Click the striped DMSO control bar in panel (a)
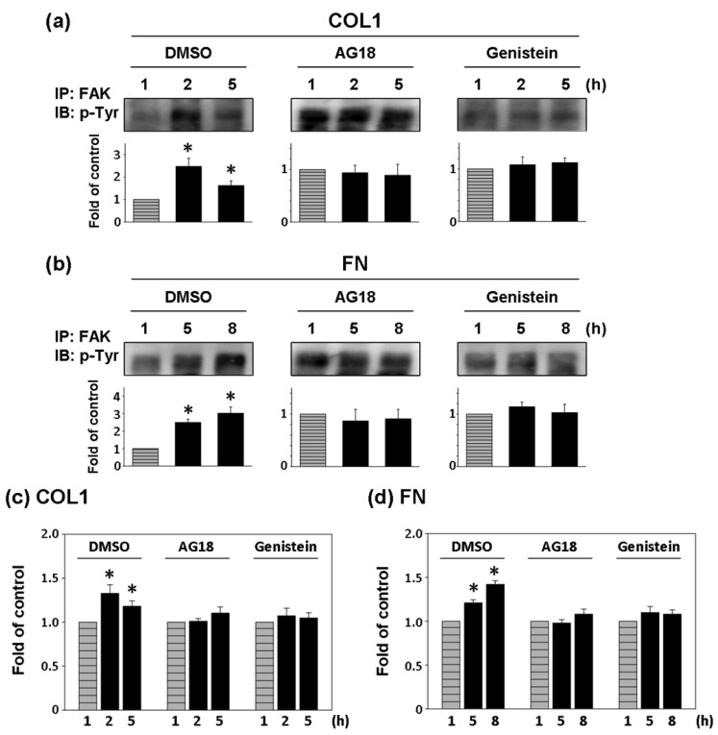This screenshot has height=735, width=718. tap(146, 210)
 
